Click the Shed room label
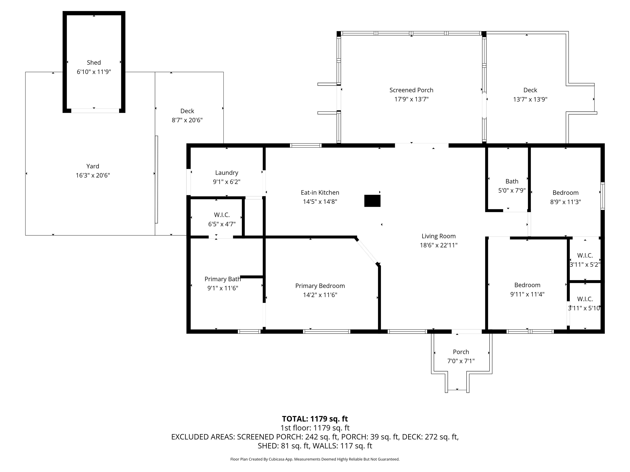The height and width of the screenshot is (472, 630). pos(94,63)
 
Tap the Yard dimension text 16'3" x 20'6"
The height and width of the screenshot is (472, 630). pos(93,175)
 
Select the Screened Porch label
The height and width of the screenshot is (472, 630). pos(411,90)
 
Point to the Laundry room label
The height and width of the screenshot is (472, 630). pos(227,173)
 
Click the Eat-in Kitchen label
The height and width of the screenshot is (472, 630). pos(320,193)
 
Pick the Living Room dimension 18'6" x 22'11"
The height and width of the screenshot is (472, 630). pos(439,245)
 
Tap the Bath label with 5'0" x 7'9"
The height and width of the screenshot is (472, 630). pos(512,182)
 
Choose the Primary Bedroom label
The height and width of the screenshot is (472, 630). pos(320,286)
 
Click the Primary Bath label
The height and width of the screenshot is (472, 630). pos(223,279)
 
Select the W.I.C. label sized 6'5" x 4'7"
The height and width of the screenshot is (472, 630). pos(222,215)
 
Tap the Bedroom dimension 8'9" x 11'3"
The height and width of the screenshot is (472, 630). pos(565,202)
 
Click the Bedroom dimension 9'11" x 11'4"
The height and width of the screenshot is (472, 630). pos(527,294)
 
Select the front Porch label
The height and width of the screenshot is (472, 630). pos(461,352)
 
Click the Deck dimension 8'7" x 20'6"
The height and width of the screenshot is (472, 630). pos(187,120)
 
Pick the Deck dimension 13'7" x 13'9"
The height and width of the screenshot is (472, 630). pos(530,99)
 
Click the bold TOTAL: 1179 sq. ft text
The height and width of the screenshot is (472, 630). pos(315,419)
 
